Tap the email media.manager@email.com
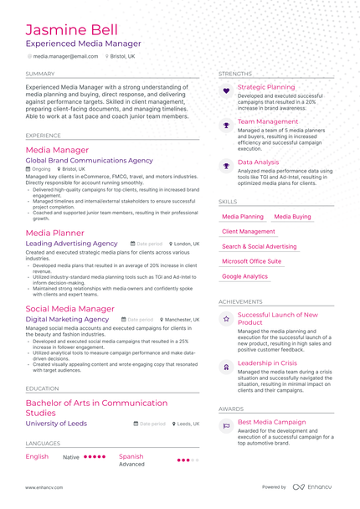pyautogui.click(x=65, y=56)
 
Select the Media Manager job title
pyautogui.click(x=58, y=149)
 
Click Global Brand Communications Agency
pyautogui.click(x=90, y=160)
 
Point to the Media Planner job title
pyautogui.click(x=55, y=233)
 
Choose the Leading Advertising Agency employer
pyautogui.click(x=72, y=244)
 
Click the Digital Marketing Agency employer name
pyautogui.click(x=68, y=319)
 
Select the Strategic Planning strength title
pyautogui.click(x=266, y=87)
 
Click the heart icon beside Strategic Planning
pyautogui.click(x=225, y=90)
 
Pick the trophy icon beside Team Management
pyautogui.click(x=225, y=125)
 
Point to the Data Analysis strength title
pyautogui.click(x=259, y=162)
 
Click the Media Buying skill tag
pyautogui.click(x=292, y=216)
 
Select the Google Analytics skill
pyautogui.click(x=245, y=276)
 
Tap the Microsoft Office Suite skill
pyautogui.click(x=252, y=261)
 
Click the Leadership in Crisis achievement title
pyautogui.click(x=267, y=362)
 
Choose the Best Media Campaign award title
pyautogui.click(x=272, y=422)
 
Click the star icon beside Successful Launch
pyautogui.click(x=225, y=319)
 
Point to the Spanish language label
pyautogui.click(x=131, y=456)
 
